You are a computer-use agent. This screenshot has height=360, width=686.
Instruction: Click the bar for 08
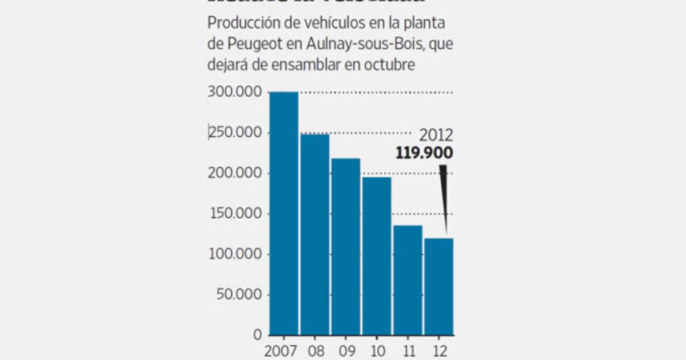[x=315, y=234]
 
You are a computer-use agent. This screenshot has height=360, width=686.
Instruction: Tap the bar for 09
[x=346, y=246]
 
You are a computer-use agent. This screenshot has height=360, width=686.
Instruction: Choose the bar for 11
[x=408, y=280]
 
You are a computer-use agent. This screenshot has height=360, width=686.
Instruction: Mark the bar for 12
[x=438, y=286]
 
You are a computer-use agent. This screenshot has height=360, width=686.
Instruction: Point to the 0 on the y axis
[x=258, y=335]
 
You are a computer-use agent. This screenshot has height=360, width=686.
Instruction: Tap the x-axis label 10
[x=377, y=350]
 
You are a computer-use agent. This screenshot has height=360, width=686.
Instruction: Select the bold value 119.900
[x=424, y=153]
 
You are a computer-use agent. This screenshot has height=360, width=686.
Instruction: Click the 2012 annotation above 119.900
[x=436, y=136]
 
